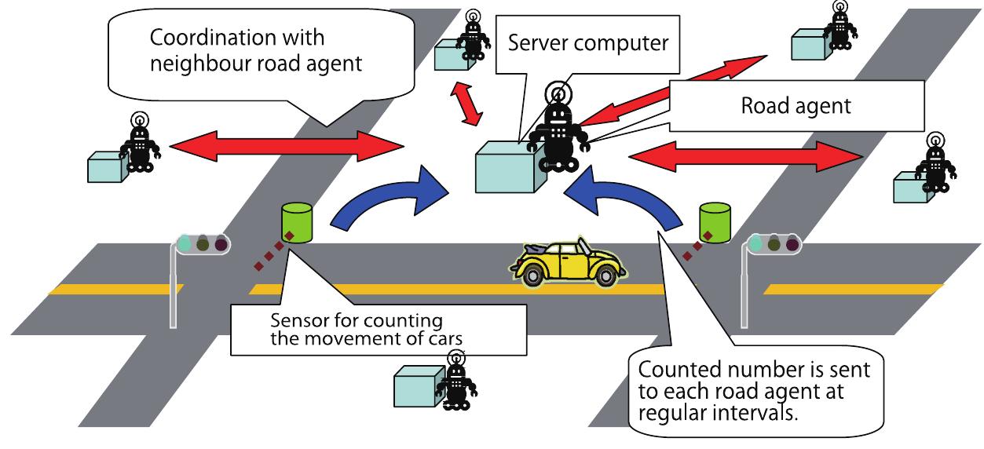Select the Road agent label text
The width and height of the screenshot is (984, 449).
[796, 106]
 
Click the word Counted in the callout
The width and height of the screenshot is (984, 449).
[680, 369]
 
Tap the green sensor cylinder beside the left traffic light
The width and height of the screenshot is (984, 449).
[297, 222]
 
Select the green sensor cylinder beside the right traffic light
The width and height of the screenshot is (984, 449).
[715, 221]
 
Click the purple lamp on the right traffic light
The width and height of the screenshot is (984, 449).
[793, 244]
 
